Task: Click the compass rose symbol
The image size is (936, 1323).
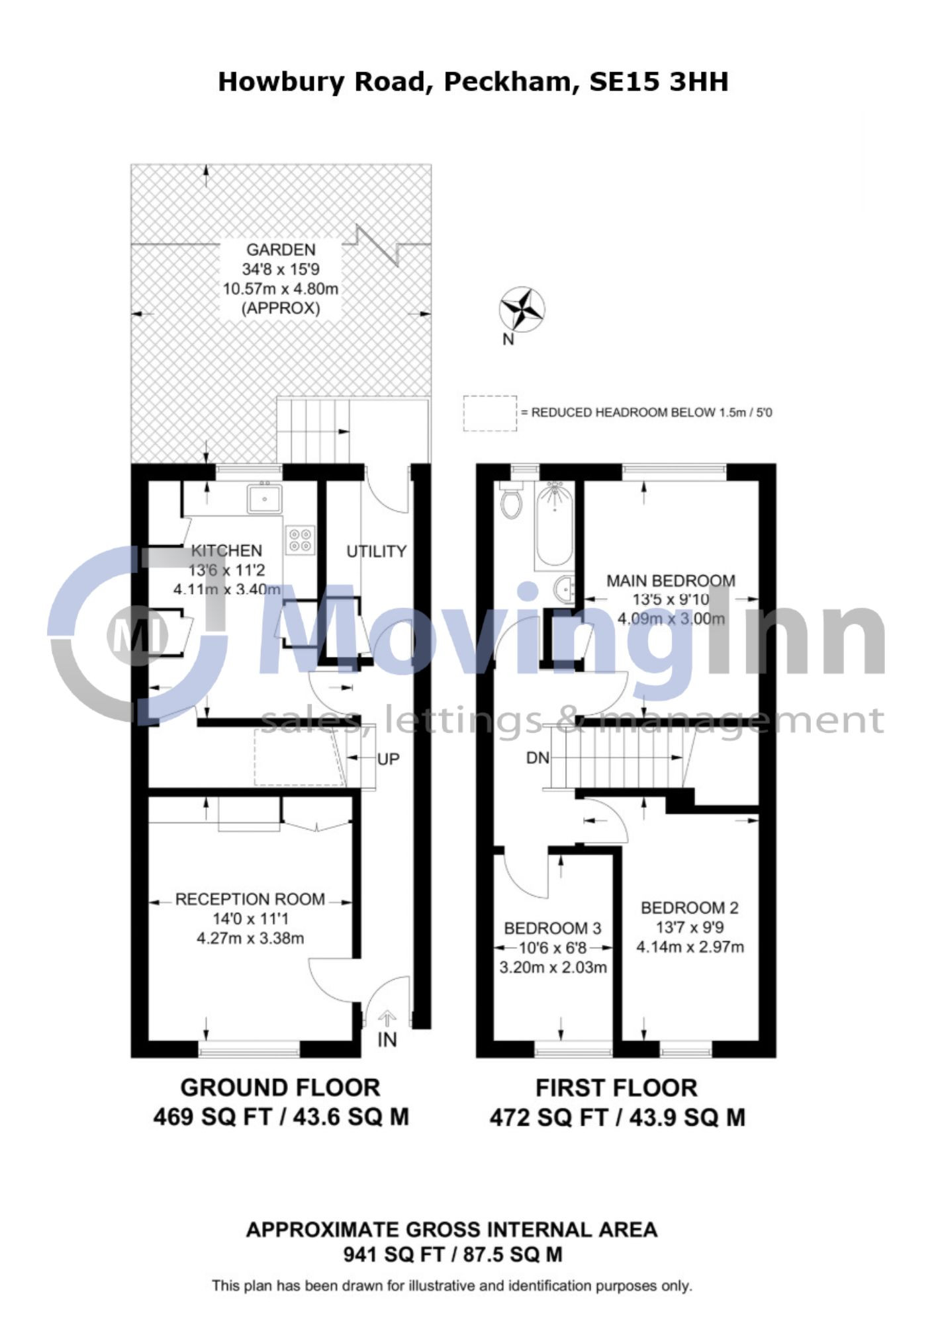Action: coord(522,308)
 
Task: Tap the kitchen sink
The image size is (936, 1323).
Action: coord(265,499)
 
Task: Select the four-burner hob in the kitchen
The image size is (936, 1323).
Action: coord(301,539)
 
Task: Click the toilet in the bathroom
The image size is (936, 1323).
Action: coord(512,501)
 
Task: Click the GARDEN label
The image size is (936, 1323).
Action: coord(281,250)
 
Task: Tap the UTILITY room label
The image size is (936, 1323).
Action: coord(376,552)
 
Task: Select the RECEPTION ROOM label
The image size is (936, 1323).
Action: coord(250,899)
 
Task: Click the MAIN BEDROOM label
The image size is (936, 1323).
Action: coord(671,581)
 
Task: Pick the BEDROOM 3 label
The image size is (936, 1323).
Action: coord(553,928)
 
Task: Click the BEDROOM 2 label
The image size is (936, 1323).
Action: coord(690,908)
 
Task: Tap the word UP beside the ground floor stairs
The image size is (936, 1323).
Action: coord(389,759)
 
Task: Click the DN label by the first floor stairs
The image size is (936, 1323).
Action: coord(538,758)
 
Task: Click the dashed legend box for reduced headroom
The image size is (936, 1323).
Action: coord(490,413)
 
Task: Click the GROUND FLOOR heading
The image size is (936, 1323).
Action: coord(281,1088)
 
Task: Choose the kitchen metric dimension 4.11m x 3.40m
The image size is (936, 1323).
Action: coord(226,589)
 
